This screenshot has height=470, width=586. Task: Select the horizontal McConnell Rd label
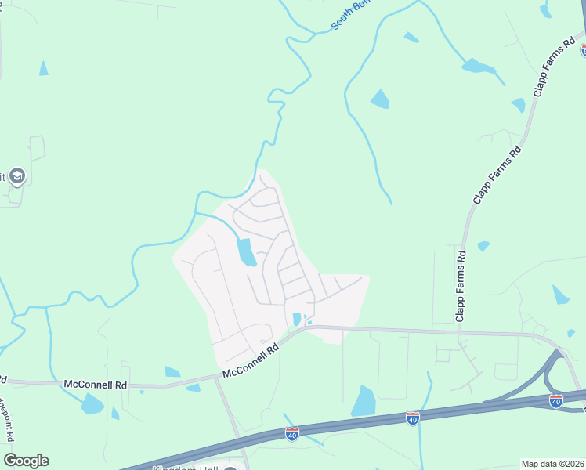(96, 385)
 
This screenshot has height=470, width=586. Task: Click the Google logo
(26, 461)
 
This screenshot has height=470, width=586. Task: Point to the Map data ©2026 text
(553, 464)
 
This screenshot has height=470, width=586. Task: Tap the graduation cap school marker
(17, 176)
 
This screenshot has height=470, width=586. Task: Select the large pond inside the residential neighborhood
(246, 252)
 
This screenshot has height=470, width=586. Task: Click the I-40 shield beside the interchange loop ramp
(556, 401)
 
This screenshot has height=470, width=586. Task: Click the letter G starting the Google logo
(10, 461)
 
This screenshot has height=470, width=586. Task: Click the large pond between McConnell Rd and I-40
(364, 401)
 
